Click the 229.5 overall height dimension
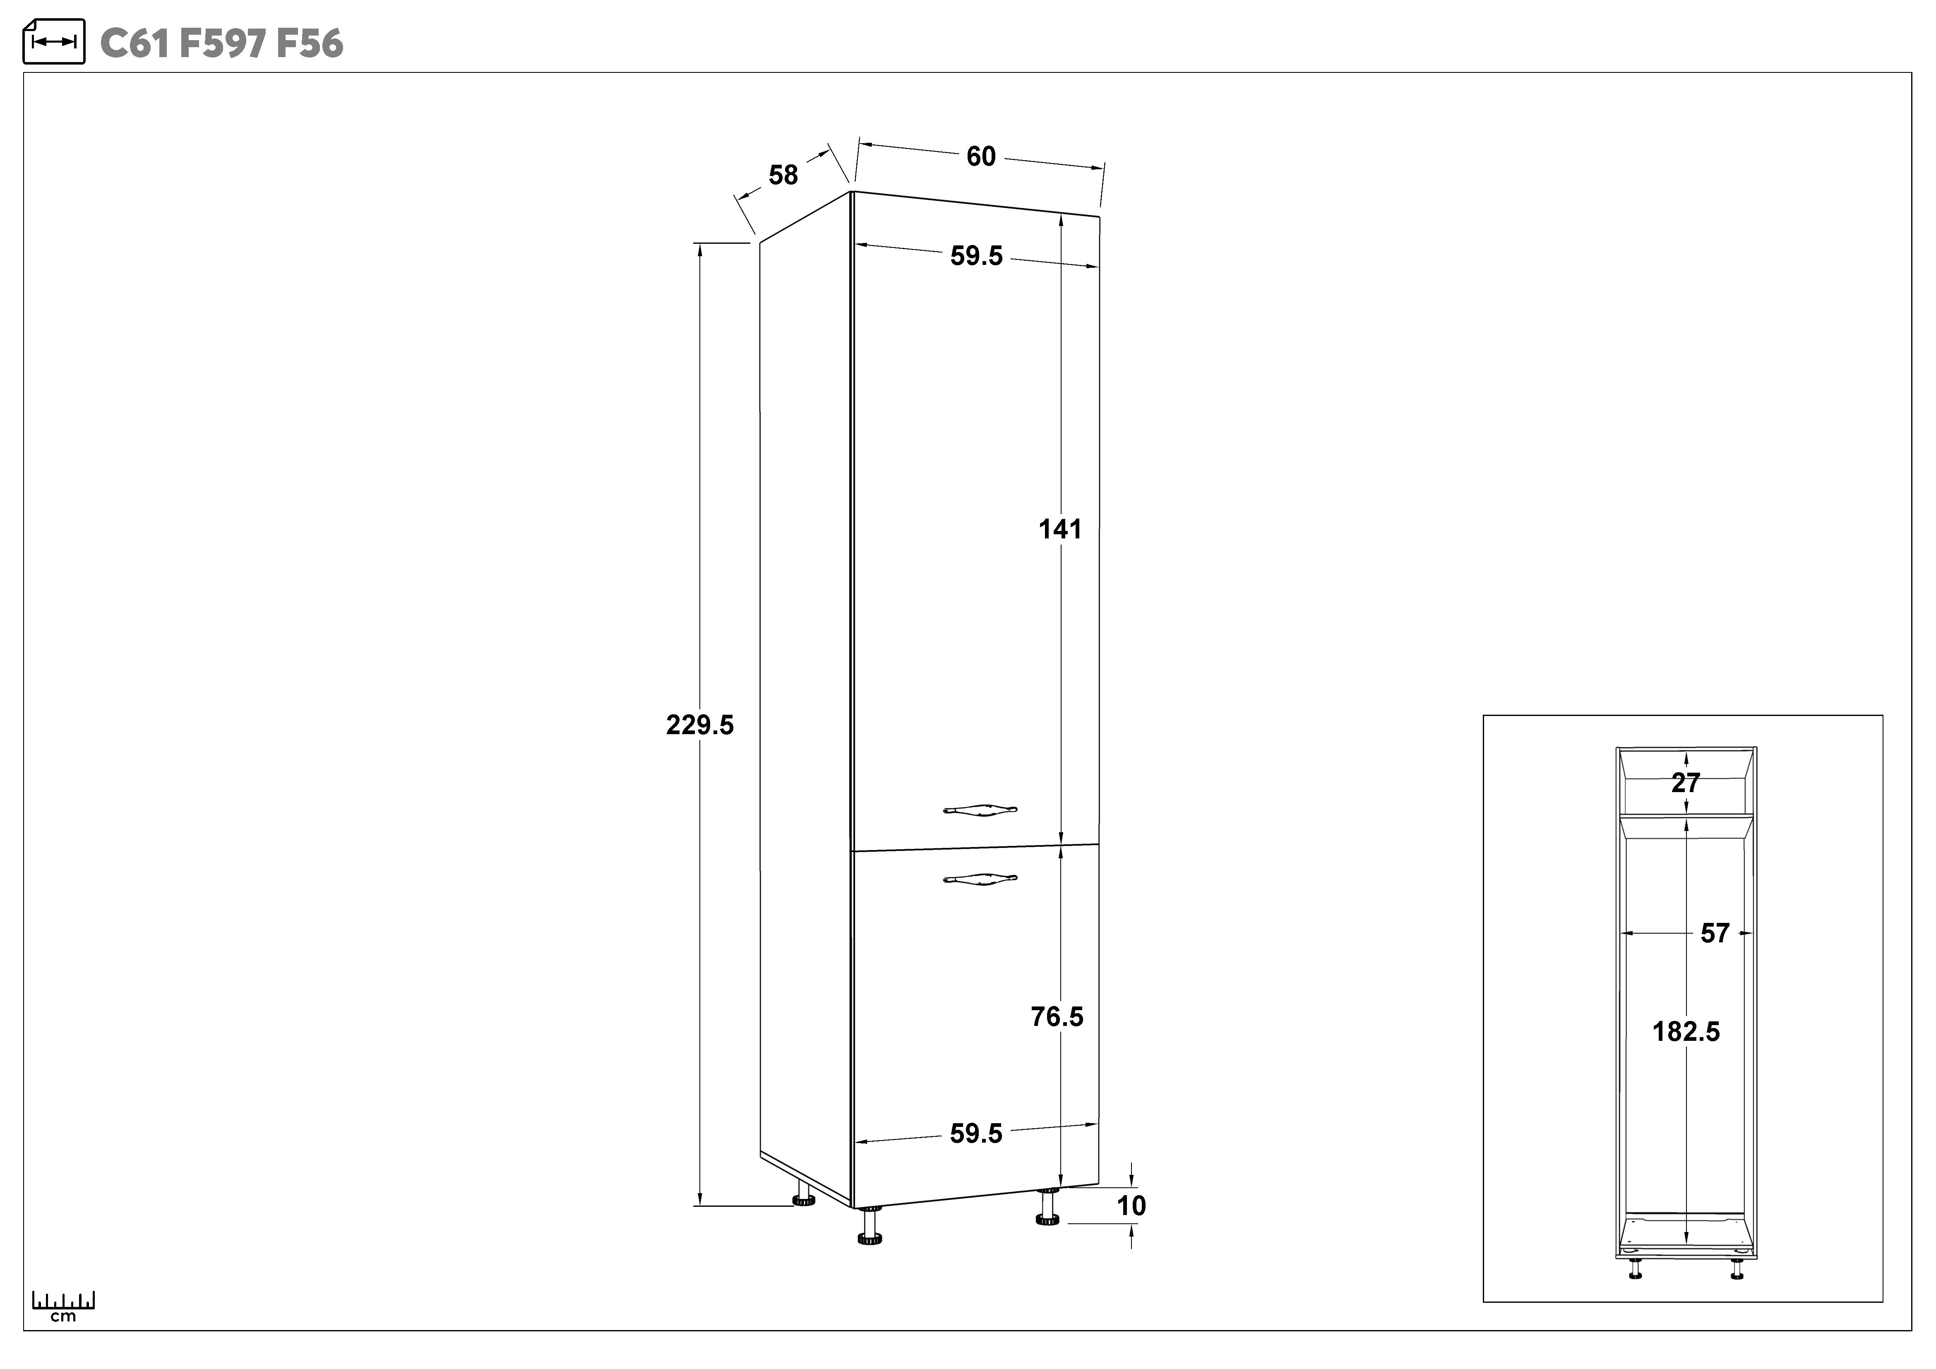pyautogui.click(x=700, y=725)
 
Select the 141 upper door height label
pyautogui.click(x=1060, y=529)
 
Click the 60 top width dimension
pyautogui.click(x=981, y=157)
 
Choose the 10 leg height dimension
pyautogui.click(x=1131, y=1206)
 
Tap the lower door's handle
pyautogui.click(x=980, y=879)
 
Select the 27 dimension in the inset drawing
pyautogui.click(x=1686, y=783)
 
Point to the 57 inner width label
pyautogui.click(x=1715, y=933)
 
